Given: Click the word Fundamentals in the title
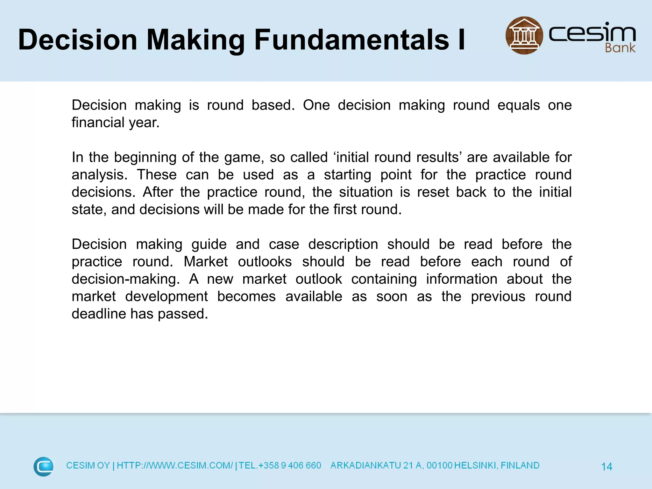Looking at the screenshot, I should (351, 40).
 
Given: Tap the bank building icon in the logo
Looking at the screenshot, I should (524, 35).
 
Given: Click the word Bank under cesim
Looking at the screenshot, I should (620, 48).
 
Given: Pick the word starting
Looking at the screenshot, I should (347, 175).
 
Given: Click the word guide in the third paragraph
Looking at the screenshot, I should (209, 244).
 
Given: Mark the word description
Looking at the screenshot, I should (343, 244).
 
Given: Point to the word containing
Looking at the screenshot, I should (384, 279).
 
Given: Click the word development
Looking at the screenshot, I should (166, 297).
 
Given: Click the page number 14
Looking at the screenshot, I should (606, 467).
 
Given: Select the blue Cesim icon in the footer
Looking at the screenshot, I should (43, 466).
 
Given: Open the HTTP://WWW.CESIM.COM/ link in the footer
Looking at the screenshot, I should (175, 465).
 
